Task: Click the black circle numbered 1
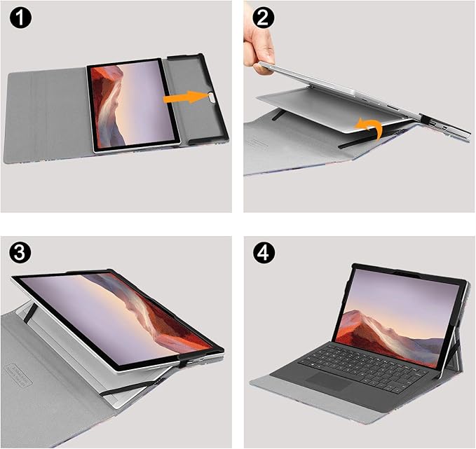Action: click(x=20, y=18)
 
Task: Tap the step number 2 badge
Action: click(x=263, y=18)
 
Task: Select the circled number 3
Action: click(x=20, y=252)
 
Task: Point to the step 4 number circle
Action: click(x=264, y=252)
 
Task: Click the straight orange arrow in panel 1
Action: click(x=186, y=97)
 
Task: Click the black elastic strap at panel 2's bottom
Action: click(x=365, y=140)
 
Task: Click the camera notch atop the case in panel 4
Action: click(x=407, y=274)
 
